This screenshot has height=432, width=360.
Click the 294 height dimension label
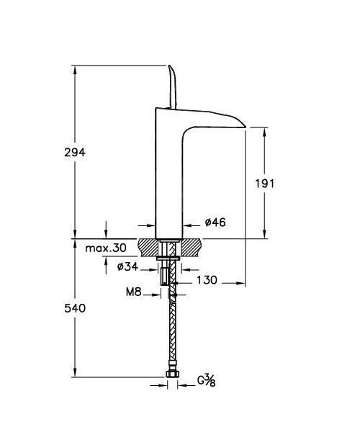75,152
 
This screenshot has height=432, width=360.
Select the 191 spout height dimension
265,184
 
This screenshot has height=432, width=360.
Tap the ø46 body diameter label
215,222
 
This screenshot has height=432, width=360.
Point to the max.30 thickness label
106,248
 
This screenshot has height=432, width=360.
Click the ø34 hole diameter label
127,266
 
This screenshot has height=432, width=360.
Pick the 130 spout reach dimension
207,280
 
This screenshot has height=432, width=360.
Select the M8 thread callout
134,292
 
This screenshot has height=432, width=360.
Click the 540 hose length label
75,308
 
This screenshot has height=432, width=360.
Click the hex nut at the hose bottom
173,374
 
